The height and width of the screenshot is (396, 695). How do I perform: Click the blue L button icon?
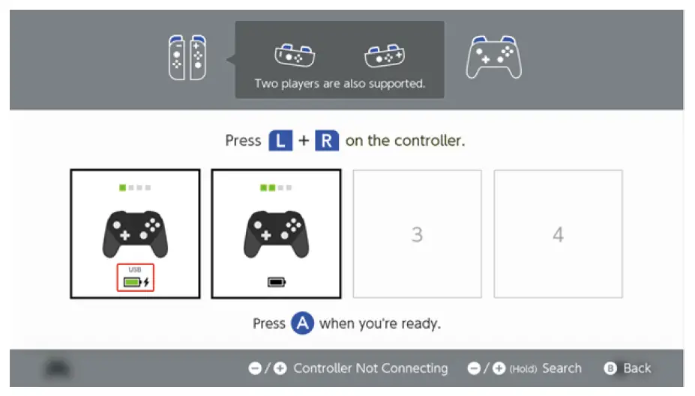(280, 141)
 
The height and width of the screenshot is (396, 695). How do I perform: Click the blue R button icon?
(327, 141)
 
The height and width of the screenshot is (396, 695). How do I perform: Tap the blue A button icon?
(302, 323)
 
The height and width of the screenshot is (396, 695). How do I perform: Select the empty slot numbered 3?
(417, 234)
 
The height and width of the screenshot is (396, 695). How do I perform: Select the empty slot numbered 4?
(558, 234)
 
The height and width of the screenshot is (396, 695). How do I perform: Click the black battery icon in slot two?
(277, 282)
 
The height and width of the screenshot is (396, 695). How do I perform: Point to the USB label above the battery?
(135, 269)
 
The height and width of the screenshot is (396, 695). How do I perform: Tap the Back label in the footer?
(637, 368)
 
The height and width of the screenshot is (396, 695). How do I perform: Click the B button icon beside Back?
(612, 368)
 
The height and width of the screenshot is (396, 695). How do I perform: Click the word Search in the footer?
(562, 368)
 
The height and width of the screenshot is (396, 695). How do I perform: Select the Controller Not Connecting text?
(370, 368)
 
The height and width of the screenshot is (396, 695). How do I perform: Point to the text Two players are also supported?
(340, 84)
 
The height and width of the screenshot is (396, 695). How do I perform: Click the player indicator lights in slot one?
(135, 187)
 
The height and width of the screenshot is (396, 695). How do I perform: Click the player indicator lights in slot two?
(276, 187)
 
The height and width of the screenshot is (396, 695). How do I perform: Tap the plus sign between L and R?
(304, 141)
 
